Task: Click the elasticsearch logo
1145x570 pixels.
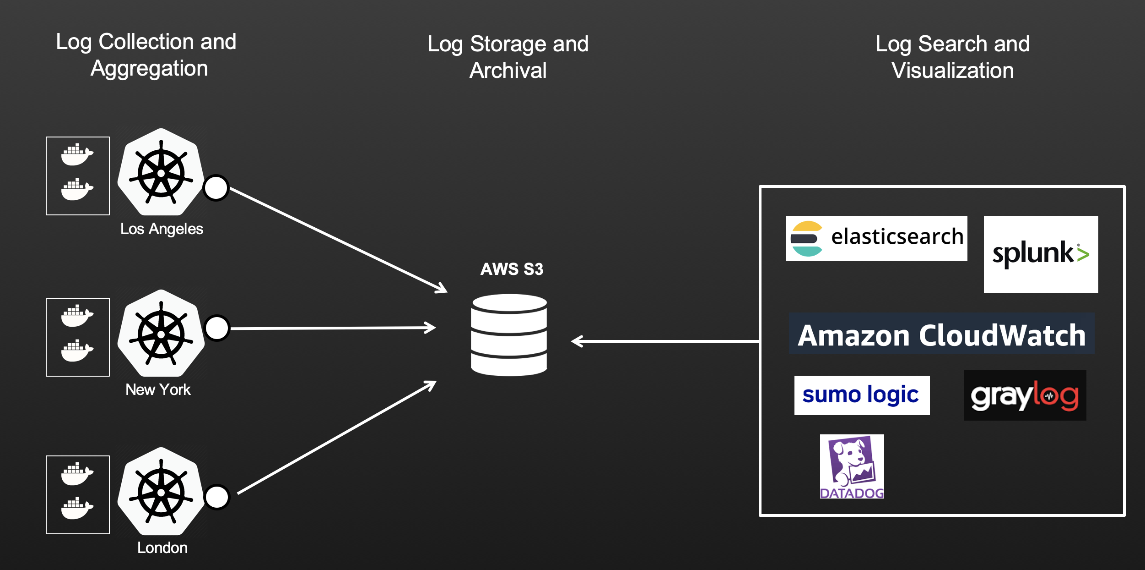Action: coord(876,238)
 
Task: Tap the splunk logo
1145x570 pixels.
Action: coord(1040,254)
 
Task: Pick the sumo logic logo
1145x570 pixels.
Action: coord(861,395)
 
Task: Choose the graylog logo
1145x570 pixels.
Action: coord(1024,395)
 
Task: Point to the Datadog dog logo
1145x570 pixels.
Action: coord(852,466)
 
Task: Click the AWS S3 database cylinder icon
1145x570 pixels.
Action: coord(509,335)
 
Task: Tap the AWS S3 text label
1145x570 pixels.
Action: coord(511,269)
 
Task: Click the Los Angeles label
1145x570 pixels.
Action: coord(162,229)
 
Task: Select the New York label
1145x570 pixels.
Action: coord(158,389)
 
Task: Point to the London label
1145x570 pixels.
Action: coord(162,548)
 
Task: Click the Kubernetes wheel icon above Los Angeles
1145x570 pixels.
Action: coord(161,172)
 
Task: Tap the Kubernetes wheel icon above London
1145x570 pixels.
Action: coord(161,491)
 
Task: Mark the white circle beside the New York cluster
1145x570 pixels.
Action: coord(217,328)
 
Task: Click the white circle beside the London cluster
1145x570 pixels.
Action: coord(217,497)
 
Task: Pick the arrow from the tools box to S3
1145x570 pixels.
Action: coord(664,341)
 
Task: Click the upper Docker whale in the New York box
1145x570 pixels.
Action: coord(77,316)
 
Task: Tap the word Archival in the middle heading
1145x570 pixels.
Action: coord(508,71)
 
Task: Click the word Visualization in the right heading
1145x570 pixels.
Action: coord(952,71)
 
